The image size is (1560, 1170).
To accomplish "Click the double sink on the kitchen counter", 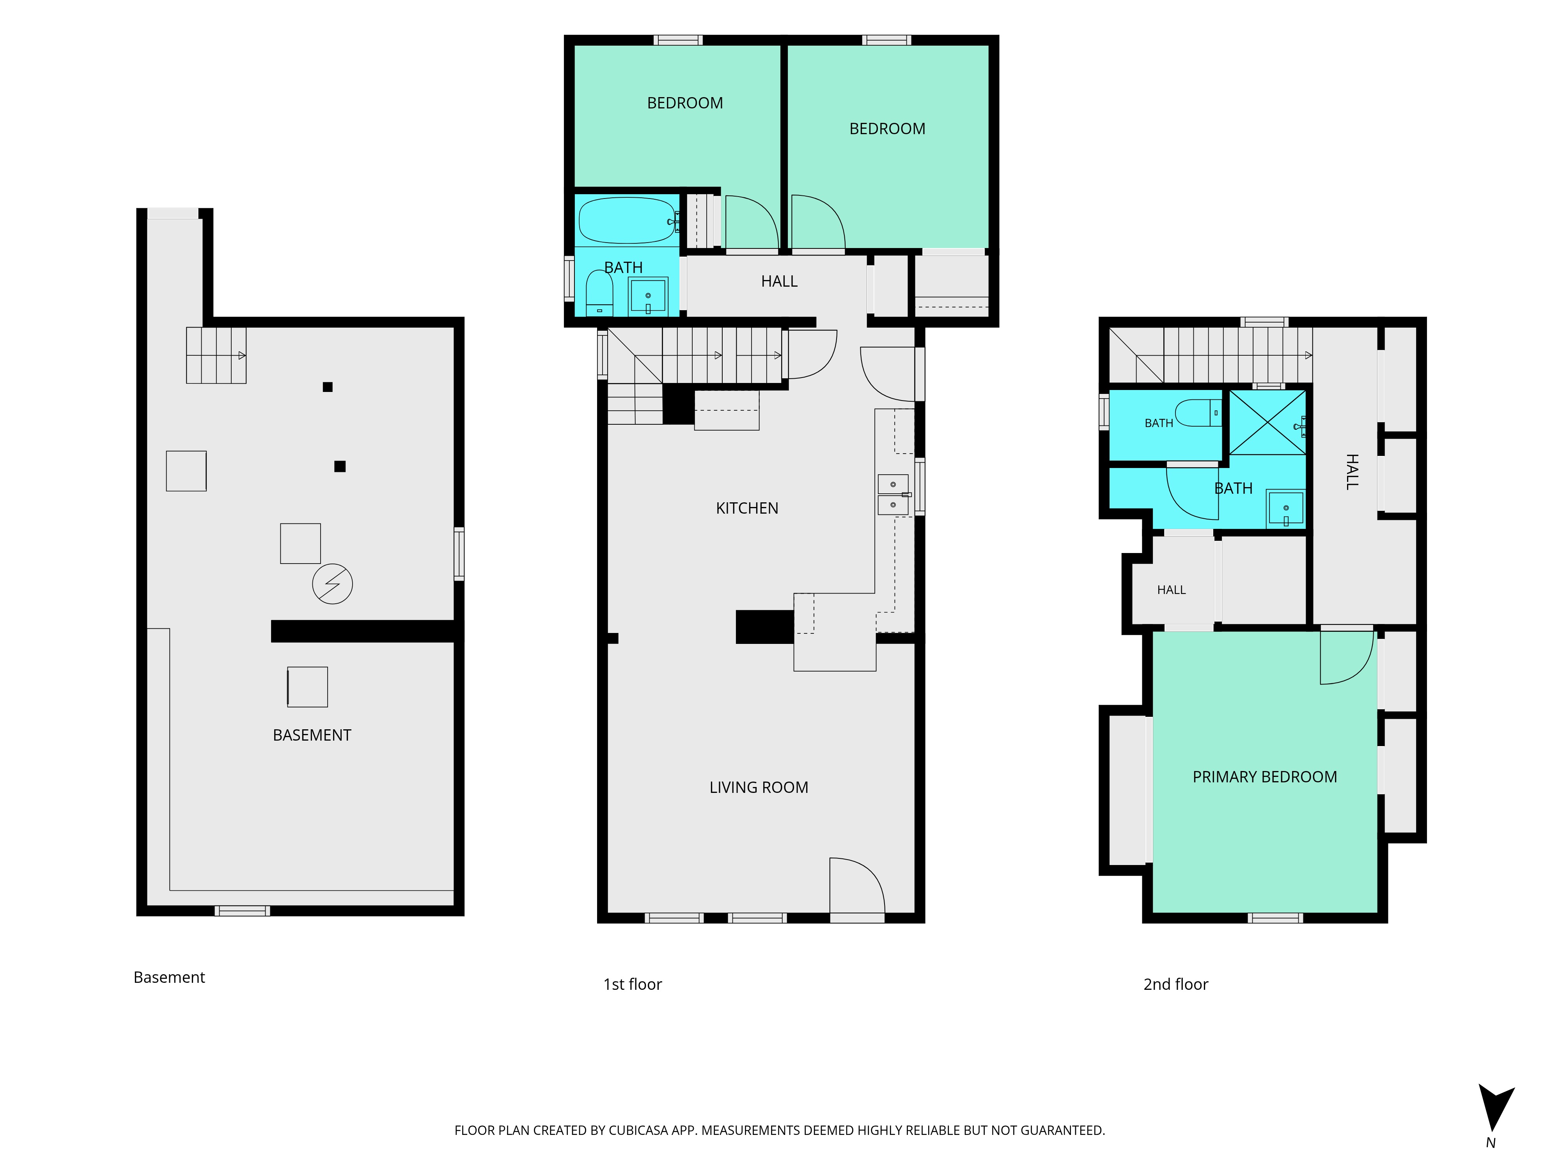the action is [x=893, y=495].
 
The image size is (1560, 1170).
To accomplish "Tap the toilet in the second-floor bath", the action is [x=1198, y=413].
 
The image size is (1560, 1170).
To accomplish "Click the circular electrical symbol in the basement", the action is [x=332, y=584].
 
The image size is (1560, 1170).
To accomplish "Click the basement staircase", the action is [x=216, y=355].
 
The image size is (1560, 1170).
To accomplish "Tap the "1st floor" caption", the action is [x=633, y=984].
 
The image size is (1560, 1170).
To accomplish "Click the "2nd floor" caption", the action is [x=1175, y=984].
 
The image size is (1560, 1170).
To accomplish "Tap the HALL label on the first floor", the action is [x=779, y=282].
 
